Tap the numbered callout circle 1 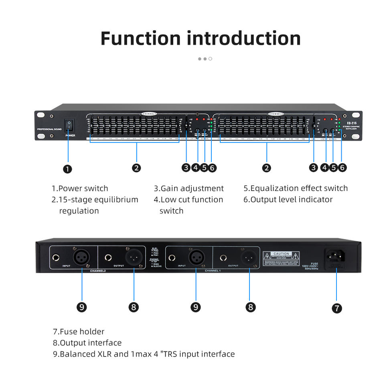(68, 169)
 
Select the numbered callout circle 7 (337, 308)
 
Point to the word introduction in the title (244, 38)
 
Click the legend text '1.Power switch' (80, 188)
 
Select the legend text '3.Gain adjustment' (188, 188)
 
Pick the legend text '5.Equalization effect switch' (296, 188)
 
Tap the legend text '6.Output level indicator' (288, 200)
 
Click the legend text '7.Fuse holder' (79, 332)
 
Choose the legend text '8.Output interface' (87, 343)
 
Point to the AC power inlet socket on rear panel (336, 256)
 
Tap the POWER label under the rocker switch (70, 136)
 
